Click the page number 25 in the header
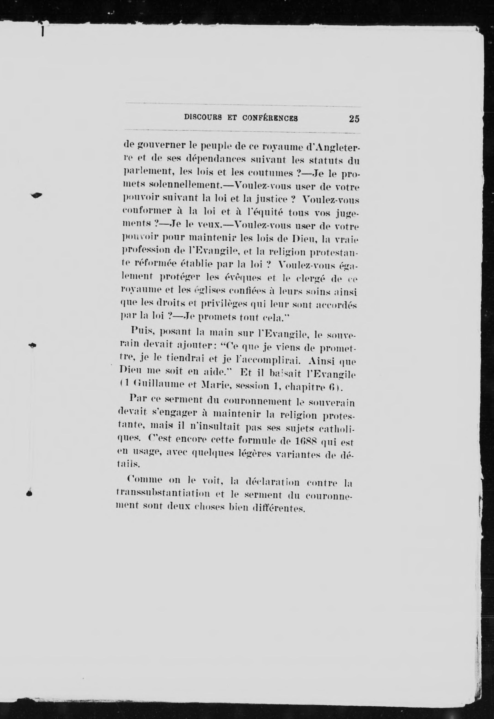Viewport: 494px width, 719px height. pyautogui.click(x=354, y=119)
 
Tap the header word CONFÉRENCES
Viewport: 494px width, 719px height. pyautogui.click(x=270, y=118)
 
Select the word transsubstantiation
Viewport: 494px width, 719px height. pyautogui.click(x=164, y=494)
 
